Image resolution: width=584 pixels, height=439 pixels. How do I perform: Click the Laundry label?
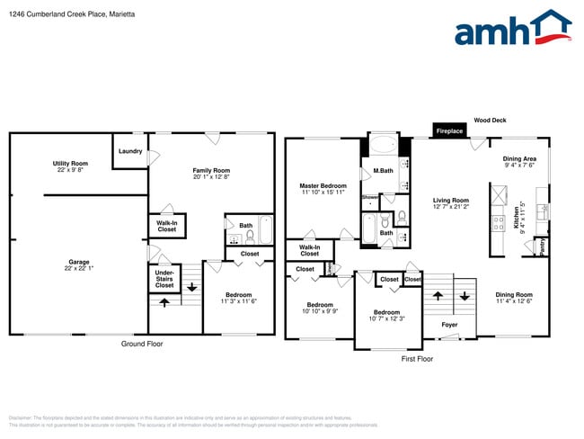[x=130, y=151]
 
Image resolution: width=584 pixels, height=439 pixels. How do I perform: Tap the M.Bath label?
[x=383, y=171]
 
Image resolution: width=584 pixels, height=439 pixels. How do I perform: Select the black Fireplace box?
[x=449, y=131]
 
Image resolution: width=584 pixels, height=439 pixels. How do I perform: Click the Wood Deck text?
[x=491, y=120]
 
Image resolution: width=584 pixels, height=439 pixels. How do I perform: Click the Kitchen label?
[x=517, y=217]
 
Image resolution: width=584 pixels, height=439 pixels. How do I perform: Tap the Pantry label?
[x=541, y=245]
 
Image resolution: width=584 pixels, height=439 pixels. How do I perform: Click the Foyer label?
[x=449, y=325]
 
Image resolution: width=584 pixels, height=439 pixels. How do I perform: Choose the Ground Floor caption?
[x=142, y=345]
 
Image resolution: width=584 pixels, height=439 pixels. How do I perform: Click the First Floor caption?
[x=417, y=358]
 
